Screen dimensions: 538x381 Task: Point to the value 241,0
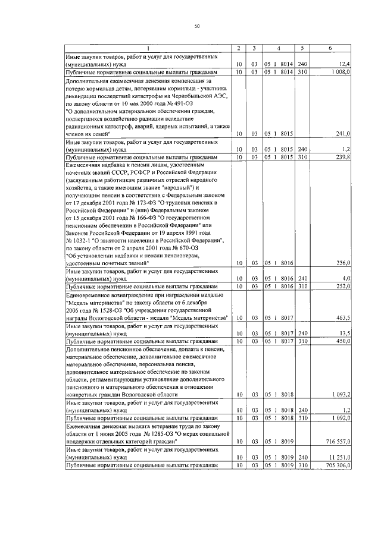tap(342, 134)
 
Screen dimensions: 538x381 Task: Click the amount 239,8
tap(342, 158)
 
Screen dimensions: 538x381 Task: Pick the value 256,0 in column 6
tap(342, 263)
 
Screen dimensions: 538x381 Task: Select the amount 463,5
tap(342, 318)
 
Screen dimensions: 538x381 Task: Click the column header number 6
tap(330, 48)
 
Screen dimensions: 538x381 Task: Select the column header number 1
tap(148, 48)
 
